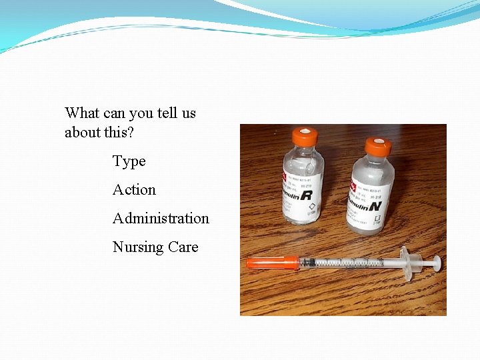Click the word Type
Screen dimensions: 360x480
pos(129,161)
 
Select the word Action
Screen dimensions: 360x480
pos(134,190)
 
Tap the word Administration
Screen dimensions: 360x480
pos(161,219)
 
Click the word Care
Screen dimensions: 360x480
pos(183,247)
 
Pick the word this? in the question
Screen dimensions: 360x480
pos(119,133)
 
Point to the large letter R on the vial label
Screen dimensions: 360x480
pos(306,195)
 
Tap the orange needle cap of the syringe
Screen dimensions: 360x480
pos(272,263)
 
